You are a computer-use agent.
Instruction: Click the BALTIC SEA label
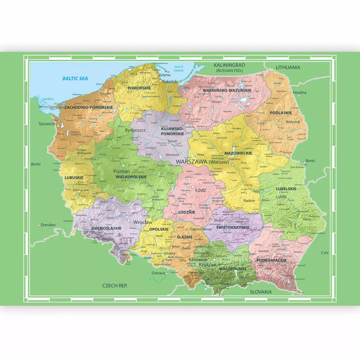coord(75,78)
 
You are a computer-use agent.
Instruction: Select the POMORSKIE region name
coord(139,87)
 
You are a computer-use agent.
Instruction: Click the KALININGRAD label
coord(229,65)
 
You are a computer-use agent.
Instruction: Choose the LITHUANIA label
coord(288,67)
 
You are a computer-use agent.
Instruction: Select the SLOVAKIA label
coord(261,292)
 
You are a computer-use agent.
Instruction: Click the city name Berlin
coord(36,164)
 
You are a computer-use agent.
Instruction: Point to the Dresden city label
coord(48,225)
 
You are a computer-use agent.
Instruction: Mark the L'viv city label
coord(325,253)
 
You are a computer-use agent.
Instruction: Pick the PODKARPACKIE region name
coord(271,260)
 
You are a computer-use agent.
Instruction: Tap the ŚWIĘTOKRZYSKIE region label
coord(233,228)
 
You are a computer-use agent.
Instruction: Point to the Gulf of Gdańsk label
coord(179,69)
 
